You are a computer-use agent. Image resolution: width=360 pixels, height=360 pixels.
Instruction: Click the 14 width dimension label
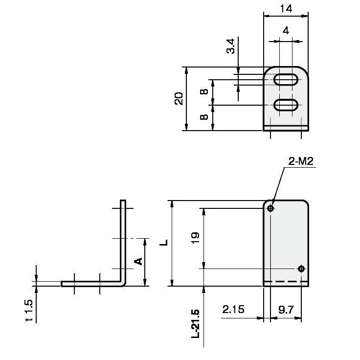click(x=286, y=9)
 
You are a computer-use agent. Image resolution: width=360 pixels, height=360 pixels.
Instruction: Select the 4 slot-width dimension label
click(x=286, y=30)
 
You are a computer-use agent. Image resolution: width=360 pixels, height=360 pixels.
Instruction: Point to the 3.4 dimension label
click(x=231, y=46)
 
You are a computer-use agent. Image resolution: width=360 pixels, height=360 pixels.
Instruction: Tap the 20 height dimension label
click(x=179, y=99)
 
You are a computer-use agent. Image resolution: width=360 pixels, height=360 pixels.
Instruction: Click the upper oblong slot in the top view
click(x=286, y=80)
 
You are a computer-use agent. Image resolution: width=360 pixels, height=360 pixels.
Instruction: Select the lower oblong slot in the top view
click(x=286, y=105)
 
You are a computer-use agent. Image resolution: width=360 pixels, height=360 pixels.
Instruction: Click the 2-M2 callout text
click(x=301, y=161)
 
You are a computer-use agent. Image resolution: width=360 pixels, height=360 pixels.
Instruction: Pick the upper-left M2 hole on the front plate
click(x=270, y=208)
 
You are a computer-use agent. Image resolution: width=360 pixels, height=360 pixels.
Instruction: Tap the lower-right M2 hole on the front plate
click(x=301, y=269)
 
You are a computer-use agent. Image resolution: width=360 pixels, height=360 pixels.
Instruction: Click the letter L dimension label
click(x=164, y=243)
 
